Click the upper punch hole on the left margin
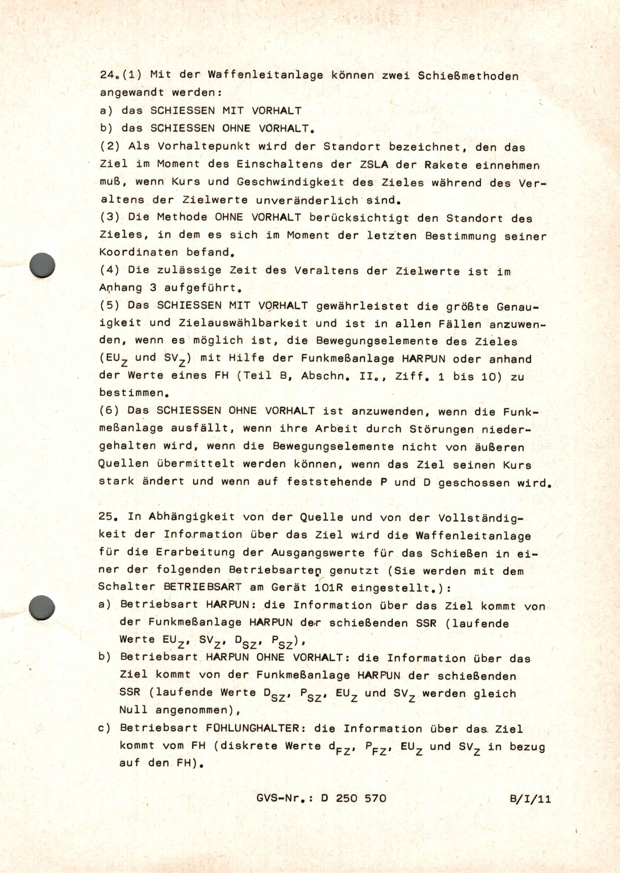pyautogui.click(x=42, y=264)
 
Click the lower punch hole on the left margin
pyautogui.click(x=42, y=607)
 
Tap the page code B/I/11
pyautogui.click(x=530, y=799)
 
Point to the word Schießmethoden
pyautogui.click(x=468, y=76)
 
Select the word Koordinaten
pyautogui.click(x=139, y=252)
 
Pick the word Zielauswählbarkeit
pyautogui.click(x=243, y=323)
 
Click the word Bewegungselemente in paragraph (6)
pyautogui.click(x=333, y=446)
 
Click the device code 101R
pyautogui.click(x=329, y=587)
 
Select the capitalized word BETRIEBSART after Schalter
pyautogui.click(x=203, y=587)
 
